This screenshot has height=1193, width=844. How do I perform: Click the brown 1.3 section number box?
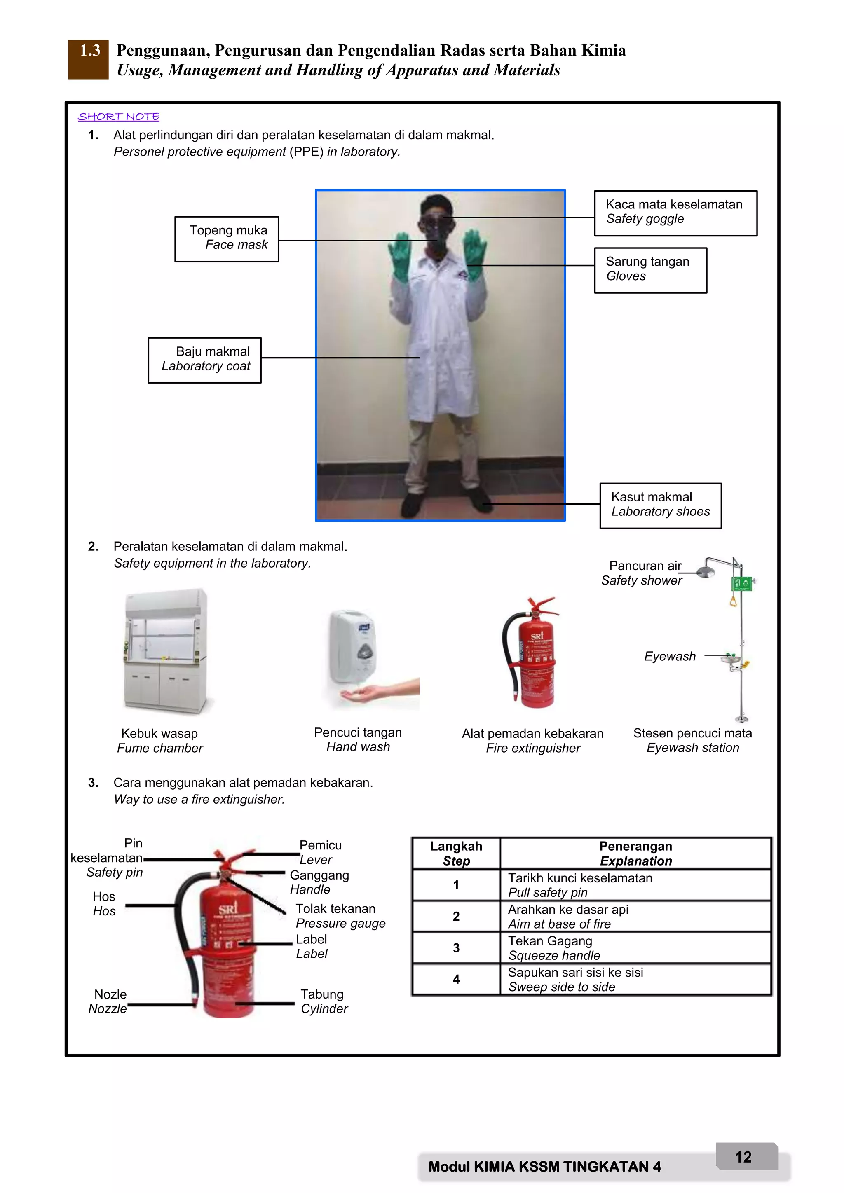coord(88,59)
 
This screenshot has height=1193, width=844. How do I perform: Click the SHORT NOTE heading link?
coord(119,117)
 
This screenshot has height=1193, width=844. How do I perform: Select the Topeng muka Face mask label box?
coord(227,239)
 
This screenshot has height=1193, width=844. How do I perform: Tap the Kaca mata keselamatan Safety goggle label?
coord(675,213)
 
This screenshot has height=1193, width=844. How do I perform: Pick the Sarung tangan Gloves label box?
coord(650,270)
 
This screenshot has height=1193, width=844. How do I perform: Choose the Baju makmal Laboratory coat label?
coord(205,360)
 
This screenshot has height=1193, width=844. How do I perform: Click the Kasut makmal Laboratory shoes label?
coord(660,505)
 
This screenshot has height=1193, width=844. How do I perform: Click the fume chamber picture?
coord(165,652)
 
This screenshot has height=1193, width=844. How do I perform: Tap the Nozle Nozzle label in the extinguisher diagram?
coord(109,1001)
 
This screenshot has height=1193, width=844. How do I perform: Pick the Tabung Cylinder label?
coord(324,1001)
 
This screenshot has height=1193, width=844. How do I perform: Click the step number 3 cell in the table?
coord(456,948)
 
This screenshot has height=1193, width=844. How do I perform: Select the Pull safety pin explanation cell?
coord(635,885)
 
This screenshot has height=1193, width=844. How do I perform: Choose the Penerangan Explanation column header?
coord(635,853)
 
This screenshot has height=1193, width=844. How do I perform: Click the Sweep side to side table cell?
coord(635,980)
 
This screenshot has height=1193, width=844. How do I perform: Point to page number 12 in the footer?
coord(743,1157)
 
